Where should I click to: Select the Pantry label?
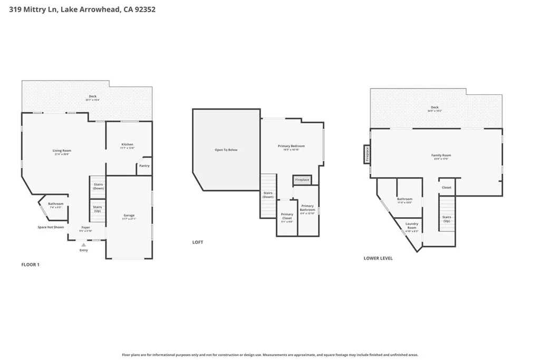144,166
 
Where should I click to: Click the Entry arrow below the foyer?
83,245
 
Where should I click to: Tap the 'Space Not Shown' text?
51,227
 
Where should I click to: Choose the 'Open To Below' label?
226,150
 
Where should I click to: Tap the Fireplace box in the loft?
302,180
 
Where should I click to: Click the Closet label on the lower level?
446,188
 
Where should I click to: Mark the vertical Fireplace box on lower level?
367,154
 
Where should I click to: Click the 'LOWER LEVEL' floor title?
378,258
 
